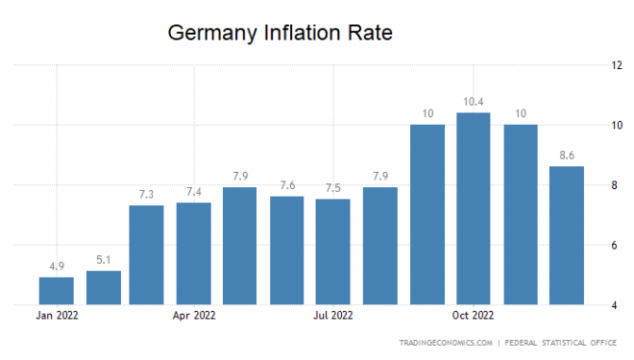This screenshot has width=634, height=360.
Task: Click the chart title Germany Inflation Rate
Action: pos(280,33)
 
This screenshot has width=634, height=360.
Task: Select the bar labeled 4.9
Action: pos(57,291)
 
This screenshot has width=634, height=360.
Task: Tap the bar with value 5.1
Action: pos(104,288)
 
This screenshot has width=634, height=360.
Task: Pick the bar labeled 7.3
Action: pos(146,255)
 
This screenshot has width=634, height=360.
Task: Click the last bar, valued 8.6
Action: pos(567,236)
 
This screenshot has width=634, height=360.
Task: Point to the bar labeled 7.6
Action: pos(287,251)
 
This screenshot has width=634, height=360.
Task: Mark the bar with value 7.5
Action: pos(333,252)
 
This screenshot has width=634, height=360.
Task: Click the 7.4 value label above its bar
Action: pos(194,192)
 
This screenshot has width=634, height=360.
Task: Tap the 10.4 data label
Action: pos(474,102)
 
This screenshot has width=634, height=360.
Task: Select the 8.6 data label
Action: pos(567,156)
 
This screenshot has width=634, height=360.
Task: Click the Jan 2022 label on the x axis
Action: pos(57,315)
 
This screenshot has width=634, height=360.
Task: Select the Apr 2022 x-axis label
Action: pos(194,315)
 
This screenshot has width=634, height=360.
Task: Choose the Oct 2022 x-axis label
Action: pos(474,315)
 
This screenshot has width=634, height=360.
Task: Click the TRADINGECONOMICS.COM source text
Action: pos(448,343)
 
